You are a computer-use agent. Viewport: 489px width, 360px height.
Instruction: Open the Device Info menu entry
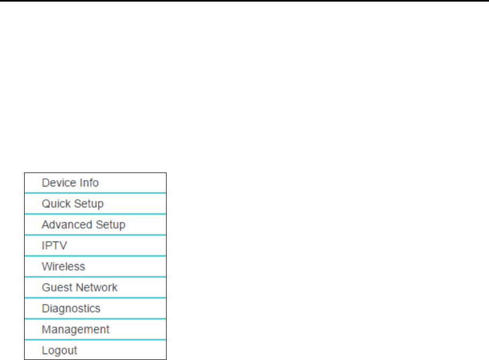tap(70, 183)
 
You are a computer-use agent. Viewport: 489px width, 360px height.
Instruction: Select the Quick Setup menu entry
tap(72, 204)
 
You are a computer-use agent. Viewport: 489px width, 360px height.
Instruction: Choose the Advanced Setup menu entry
tap(84, 224)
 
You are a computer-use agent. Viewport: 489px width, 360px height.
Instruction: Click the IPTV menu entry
tap(55, 245)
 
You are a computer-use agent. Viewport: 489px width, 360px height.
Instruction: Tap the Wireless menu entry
tap(63, 266)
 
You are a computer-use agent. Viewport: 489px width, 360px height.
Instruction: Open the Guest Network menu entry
tap(80, 287)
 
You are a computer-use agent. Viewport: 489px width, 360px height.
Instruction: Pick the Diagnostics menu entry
tap(71, 309)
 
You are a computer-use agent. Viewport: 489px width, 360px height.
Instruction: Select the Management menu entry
tap(76, 329)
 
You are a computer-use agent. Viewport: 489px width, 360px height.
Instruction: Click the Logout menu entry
tap(59, 350)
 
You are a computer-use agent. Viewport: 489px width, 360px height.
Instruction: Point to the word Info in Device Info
tap(89, 183)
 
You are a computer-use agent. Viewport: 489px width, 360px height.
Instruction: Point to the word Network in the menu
tap(96, 287)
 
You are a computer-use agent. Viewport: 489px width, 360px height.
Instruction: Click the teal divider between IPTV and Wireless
tap(95, 256)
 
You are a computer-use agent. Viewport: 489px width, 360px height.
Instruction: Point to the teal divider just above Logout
tap(95, 340)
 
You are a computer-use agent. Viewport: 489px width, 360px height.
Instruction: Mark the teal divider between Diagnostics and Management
tap(95, 319)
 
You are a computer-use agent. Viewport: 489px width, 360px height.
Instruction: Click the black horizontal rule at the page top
tap(244, 1)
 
